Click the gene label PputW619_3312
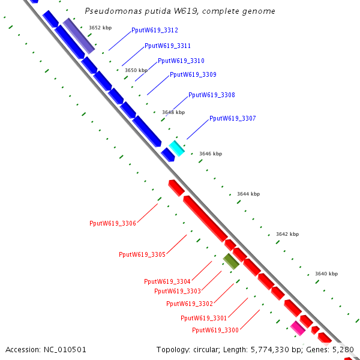coord(154,30)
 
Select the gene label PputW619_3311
coord(167,46)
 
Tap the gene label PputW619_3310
coord(181,61)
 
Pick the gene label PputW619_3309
coord(193,75)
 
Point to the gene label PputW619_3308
coord(211,95)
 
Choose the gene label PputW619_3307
coord(232,119)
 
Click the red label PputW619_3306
coord(113,223)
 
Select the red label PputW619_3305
coord(142,254)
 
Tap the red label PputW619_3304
coord(167,281)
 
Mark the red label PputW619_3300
coord(215,330)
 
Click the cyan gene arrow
coord(176,148)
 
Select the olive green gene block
coord(231,260)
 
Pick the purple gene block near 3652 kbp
coord(79,35)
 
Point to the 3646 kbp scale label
coord(210,154)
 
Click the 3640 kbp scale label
coord(326,274)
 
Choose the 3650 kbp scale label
coord(136,70)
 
